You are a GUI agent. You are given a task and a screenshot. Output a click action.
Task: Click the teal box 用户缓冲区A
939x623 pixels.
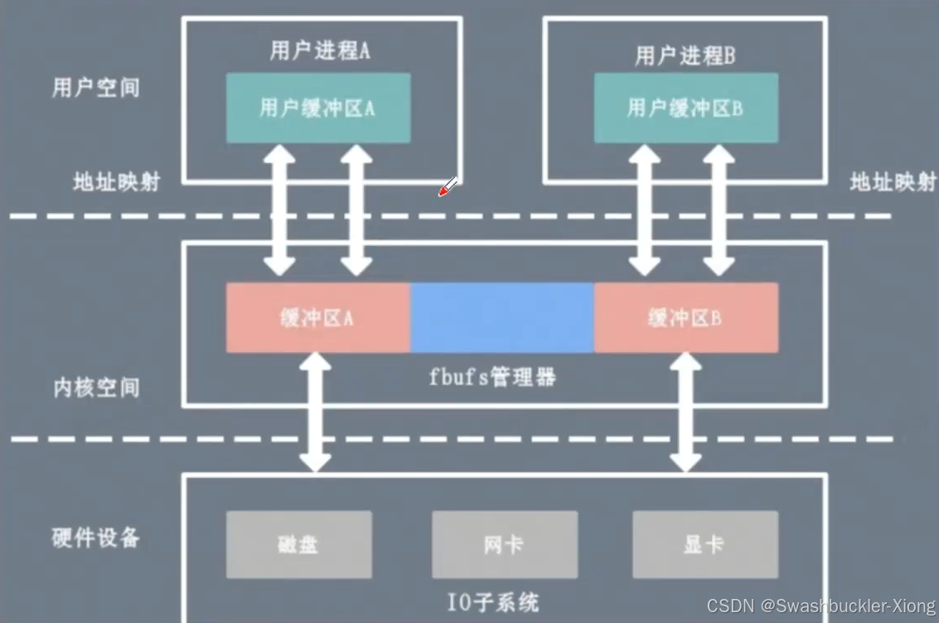(318, 108)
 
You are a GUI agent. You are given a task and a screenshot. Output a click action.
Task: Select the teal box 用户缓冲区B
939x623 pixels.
(685, 108)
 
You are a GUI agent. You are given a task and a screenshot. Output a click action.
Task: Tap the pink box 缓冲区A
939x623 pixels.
(318, 317)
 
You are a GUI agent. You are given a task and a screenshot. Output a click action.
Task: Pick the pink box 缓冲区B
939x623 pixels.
(685, 317)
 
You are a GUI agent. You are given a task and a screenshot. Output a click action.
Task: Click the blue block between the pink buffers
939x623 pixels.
(502, 317)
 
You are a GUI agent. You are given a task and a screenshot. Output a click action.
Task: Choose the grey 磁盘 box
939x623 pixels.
(298, 544)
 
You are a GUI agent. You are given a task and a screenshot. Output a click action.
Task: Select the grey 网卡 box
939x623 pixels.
(504, 544)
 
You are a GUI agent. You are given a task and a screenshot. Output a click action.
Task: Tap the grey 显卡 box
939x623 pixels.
(704, 544)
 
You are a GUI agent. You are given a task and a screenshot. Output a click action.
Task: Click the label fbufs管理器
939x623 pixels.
(492, 378)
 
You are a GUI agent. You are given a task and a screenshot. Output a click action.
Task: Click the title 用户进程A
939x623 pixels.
(320, 51)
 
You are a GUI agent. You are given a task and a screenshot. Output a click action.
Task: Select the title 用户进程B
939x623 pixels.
(685, 56)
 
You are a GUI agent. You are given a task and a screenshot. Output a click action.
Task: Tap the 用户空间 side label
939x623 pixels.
(96, 88)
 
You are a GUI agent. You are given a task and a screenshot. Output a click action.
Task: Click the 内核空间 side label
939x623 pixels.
(96, 387)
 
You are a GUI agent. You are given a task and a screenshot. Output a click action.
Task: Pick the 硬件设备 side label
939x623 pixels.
(96, 538)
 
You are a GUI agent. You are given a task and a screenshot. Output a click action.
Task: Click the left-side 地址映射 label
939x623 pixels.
(116, 182)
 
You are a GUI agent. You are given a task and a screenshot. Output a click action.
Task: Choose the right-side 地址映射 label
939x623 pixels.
(893, 182)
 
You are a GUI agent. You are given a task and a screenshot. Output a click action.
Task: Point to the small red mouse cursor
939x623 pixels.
(448, 188)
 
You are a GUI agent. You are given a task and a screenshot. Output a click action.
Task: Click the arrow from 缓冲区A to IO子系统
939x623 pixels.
(315, 412)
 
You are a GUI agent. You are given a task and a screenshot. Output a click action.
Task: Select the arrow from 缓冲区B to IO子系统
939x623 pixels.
(685, 412)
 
